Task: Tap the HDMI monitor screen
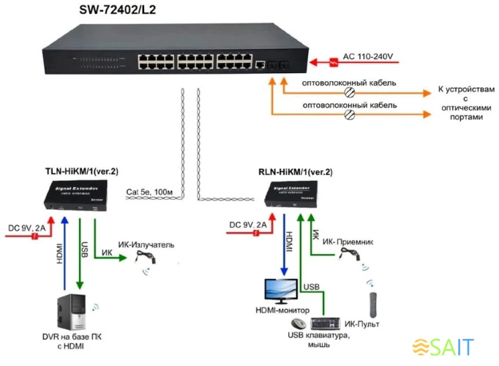coord(282,291)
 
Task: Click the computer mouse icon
coord(299,323)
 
